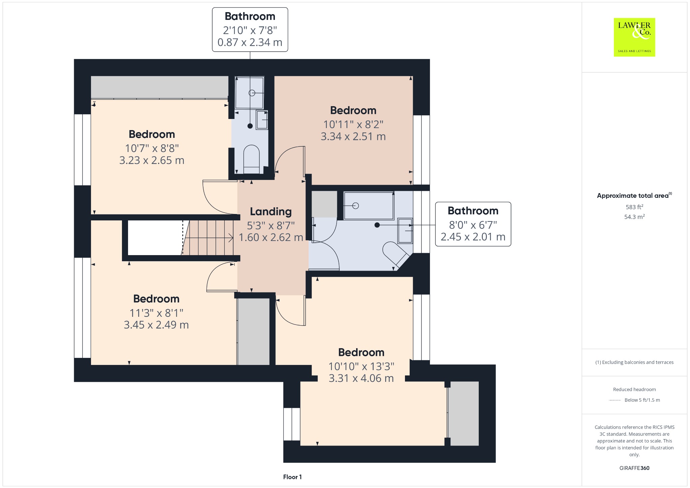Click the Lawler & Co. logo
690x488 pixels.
tap(634, 37)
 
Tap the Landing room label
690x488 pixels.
tap(271, 212)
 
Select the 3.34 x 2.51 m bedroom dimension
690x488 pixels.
tap(353, 136)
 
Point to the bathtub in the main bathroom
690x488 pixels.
tap(369, 206)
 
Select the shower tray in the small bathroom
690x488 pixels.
tap(249, 93)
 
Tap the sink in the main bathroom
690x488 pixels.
tap(405, 231)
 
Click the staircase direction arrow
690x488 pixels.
tap(209, 238)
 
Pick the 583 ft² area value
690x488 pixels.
tap(634, 207)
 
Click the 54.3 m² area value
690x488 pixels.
tap(634, 217)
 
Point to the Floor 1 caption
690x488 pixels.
tap(292, 477)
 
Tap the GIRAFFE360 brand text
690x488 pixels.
tap(634, 468)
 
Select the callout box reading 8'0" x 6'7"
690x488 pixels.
tap(473, 224)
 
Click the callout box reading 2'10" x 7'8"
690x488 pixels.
tap(250, 30)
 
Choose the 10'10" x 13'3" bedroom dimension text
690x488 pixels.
tap(362, 366)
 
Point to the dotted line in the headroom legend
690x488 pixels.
tap(615, 400)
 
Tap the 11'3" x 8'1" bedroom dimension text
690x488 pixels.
tap(156, 313)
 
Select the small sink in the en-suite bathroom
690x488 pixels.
tap(262, 120)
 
